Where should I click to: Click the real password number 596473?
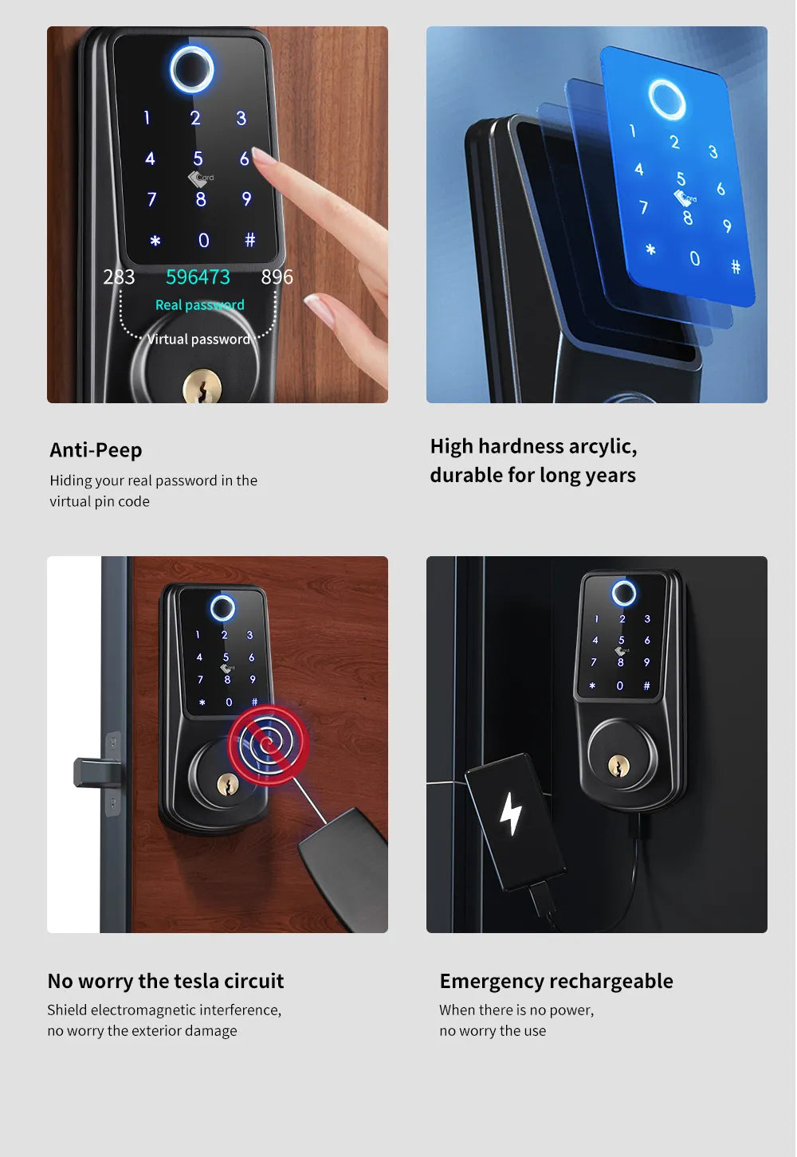[198, 277]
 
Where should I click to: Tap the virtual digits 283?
[119, 277]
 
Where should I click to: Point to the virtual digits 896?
[277, 277]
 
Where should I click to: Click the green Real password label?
[199, 305]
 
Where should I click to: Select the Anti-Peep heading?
[96, 450]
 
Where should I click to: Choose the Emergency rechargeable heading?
[556, 981]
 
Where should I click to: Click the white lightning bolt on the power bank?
[510, 814]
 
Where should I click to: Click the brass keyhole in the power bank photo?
[618, 766]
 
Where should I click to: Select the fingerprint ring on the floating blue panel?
[666, 100]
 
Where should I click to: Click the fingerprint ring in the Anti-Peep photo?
[192, 69]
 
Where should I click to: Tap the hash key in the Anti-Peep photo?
[249, 240]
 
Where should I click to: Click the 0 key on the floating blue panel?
[694, 258]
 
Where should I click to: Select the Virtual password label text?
[198, 339]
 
